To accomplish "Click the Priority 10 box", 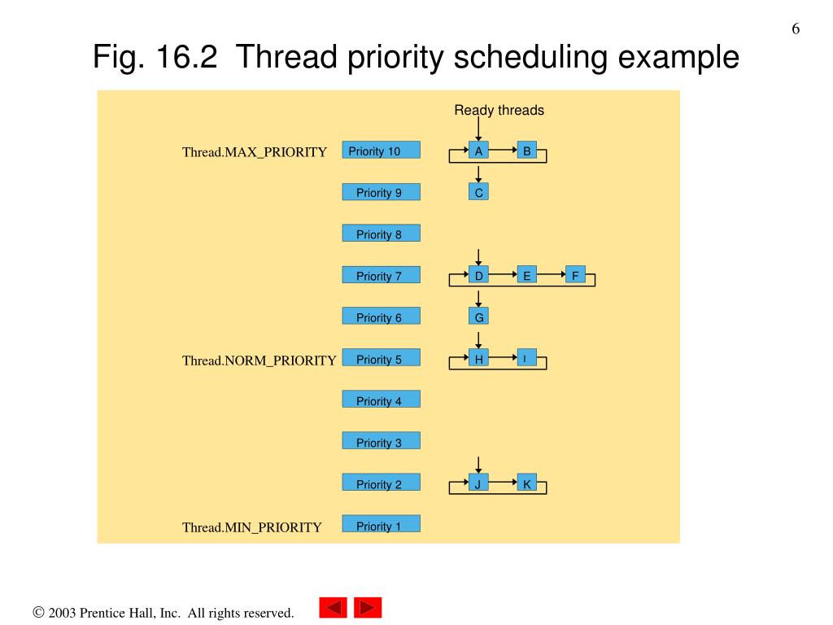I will tap(381, 150).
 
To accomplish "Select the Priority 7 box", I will tap(381, 275).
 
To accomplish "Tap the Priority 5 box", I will tap(381, 358).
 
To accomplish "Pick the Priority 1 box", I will tap(381, 525).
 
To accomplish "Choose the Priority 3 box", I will tap(381, 442).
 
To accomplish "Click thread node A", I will tap(478, 150).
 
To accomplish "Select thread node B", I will tap(526, 150).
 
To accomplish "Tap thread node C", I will tap(478, 192).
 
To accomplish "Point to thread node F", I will tap(575, 275).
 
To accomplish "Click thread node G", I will tap(478, 317).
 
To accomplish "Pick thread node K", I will tap(526, 483).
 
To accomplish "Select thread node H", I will tap(478, 358).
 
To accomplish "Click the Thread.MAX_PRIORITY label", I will tap(254, 152).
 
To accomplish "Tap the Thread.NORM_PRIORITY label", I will tap(259, 361).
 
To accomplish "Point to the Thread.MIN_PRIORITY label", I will tap(251, 527).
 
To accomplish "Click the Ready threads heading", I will tap(499, 110).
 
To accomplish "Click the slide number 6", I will tap(796, 29).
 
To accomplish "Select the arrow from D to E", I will tap(503, 275).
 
